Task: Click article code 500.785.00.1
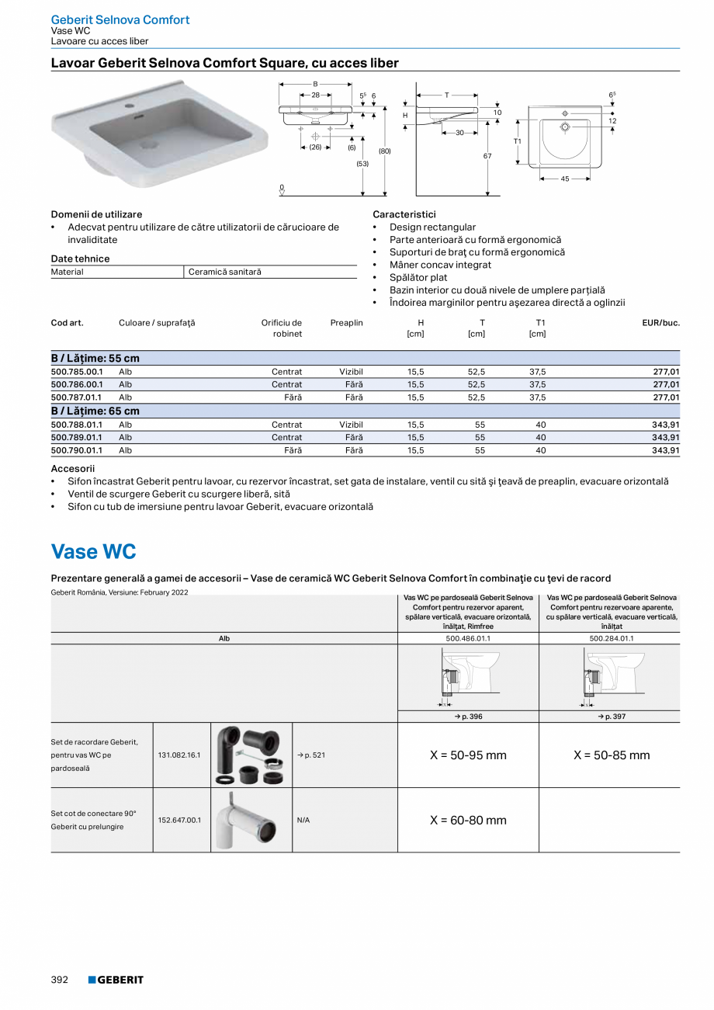click(77, 372)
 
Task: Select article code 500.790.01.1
click(77, 450)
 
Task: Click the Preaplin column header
click(346, 323)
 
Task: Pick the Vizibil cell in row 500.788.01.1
click(351, 425)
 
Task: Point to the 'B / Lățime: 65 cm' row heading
click(95, 411)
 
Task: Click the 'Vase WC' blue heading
click(93, 552)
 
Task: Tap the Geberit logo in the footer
click(116, 980)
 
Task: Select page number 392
click(60, 980)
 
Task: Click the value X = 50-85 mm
click(612, 755)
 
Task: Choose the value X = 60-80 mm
click(468, 821)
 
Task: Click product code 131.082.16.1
click(179, 755)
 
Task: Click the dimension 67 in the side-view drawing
click(488, 157)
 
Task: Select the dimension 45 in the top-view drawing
click(565, 179)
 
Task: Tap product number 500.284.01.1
click(611, 639)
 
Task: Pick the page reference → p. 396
click(468, 717)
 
